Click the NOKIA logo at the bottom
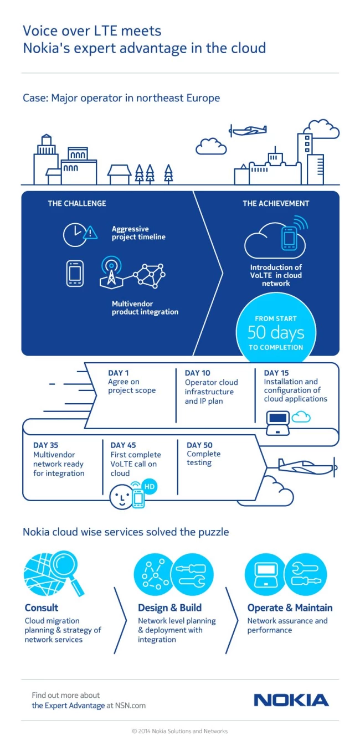291,701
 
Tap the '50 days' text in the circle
276,333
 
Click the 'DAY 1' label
118,373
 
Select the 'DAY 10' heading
198,373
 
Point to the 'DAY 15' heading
276,373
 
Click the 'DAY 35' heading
45,445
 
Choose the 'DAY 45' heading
123,445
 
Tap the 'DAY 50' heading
199,445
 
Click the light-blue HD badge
149,486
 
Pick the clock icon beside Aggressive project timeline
75,235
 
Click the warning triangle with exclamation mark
90,233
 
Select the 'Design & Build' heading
169,608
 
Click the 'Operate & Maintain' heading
290,608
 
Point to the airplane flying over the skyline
248,130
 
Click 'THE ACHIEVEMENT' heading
276,203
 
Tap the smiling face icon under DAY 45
121,497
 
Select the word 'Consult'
42,608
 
